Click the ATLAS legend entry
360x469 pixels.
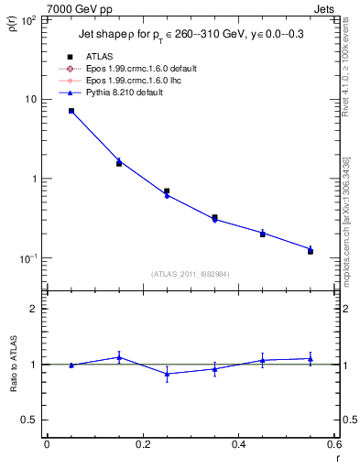101,57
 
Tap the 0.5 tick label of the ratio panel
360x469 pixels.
30,420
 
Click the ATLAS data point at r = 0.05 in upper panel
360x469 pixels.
71,111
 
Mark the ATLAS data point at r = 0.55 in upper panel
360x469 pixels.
311,251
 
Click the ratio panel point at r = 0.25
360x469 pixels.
167,374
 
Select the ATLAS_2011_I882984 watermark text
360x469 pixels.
191,274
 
